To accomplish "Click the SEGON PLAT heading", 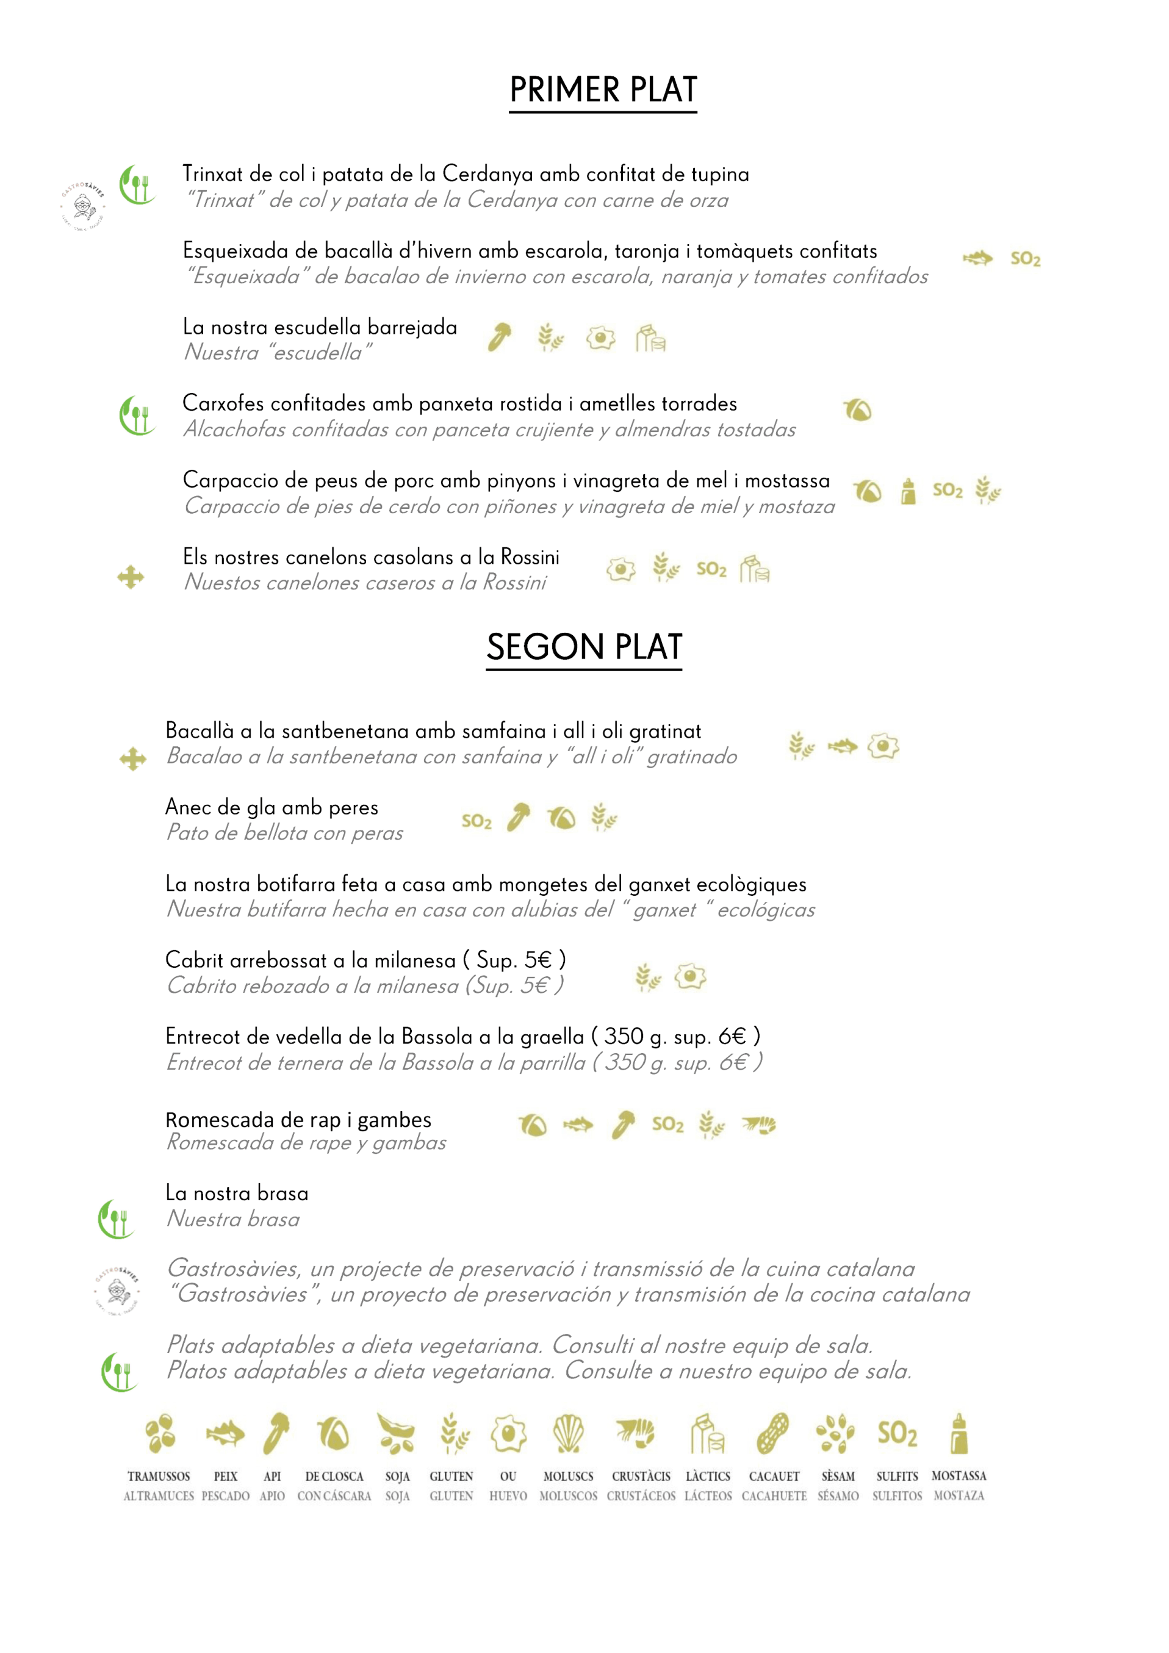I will (584, 647).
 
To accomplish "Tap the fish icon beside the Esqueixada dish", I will (977, 257).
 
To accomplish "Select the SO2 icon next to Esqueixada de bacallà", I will (1025, 259).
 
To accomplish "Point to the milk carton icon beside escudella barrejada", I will (650, 339).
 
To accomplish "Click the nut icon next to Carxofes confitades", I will (857, 411).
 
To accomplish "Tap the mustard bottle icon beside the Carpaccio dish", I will (908, 491).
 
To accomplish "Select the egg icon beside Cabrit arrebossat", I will (690, 977).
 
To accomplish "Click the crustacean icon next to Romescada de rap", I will (760, 1124).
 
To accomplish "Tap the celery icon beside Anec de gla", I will (518, 817).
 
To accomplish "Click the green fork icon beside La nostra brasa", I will (116, 1220).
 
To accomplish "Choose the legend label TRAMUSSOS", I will (159, 1476).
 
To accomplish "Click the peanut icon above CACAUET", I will (773, 1433).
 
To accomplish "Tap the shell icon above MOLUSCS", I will (568, 1433).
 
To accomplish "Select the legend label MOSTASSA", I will (958, 1475).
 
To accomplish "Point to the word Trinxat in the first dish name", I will (213, 175).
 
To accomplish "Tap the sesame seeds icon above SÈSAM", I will (835, 1433).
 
